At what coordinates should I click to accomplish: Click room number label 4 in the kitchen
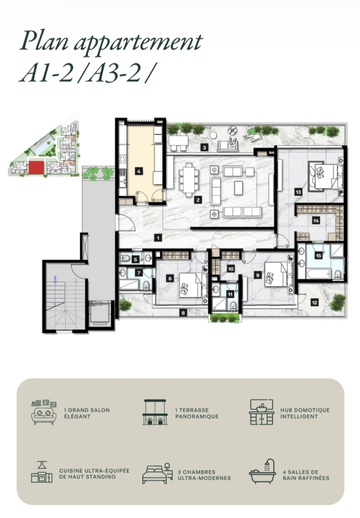139,171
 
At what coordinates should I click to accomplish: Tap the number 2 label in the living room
198,199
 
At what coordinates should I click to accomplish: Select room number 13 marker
299,192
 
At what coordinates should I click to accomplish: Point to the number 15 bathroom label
318,255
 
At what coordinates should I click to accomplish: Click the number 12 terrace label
314,302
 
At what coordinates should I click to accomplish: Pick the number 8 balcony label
183,313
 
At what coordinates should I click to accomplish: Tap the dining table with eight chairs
189,180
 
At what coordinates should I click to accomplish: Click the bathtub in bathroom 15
318,274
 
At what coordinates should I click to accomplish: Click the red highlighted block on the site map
36,167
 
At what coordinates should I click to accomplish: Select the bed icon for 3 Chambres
157,473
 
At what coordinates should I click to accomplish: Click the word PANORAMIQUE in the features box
197,417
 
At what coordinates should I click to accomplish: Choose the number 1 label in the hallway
158,238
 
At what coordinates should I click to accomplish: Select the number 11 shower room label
230,294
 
